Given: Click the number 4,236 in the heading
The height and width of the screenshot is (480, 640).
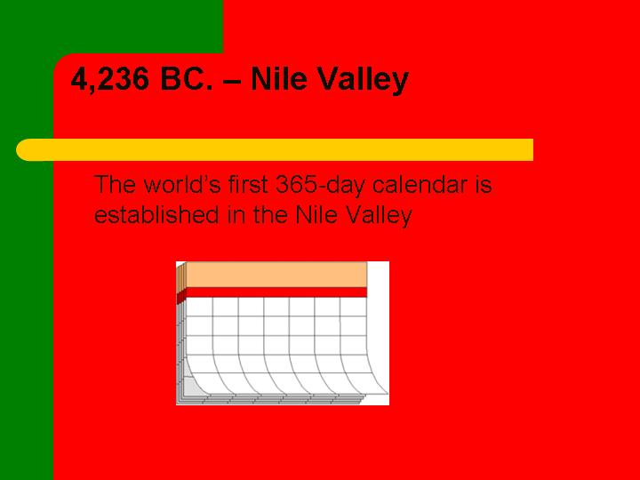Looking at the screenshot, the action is (x=110, y=80).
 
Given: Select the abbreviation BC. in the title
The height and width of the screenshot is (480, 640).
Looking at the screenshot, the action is (x=187, y=78).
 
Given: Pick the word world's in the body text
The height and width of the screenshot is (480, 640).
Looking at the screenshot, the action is (x=182, y=184).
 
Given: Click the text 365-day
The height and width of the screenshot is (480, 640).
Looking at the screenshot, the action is (x=320, y=186).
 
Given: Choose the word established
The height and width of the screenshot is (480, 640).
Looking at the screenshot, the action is (x=156, y=214).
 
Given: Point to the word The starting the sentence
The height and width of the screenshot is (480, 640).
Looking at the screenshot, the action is (x=115, y=184).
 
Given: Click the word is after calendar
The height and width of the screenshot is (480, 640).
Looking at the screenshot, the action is (x=484, y=184).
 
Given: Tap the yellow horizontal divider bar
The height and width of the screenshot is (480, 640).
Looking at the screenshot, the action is (x=275, y=150).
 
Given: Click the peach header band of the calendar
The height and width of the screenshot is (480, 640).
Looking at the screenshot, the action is (x=276, y=275).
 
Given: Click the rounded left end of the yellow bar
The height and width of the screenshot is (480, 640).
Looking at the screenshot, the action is (x=25, y=150).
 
